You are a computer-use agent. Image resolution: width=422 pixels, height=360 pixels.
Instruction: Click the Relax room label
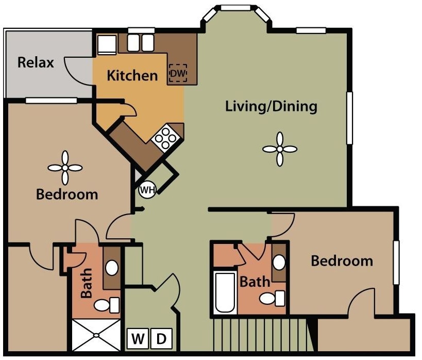pyautogui.click(x=36, y=63)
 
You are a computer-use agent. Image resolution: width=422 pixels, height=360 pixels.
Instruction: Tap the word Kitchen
pyautogui.click(x=132, y=75)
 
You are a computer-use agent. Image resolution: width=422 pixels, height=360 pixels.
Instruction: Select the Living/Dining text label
pyautogui.click(x=271, y=107)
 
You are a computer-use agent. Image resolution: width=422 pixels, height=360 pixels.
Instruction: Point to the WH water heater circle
pyautogui.click(x=147, y=190)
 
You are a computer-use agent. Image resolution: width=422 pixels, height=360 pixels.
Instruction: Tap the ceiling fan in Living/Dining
pyautogui.click(x=280, y=149)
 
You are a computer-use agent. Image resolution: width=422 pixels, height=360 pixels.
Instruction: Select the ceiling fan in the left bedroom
pyautogui.click(x=65, y=168)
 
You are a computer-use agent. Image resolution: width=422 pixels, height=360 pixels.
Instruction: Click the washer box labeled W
pyautogui.click(x=138, y=339)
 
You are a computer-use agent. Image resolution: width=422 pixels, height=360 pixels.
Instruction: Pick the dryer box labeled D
pyautogui.click(x=162, y=339)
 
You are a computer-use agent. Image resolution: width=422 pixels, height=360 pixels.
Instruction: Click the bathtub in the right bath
pyautogui.click(x=225, y=293)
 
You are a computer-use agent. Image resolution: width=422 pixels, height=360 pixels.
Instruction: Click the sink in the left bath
pyautogui.click(x=111, y=267)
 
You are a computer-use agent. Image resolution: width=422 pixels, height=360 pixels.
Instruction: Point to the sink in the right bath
pyautogui.click(x=279, y=263)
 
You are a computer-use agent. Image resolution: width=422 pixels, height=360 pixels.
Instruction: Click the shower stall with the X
pyautogui.click(x=95, y=335)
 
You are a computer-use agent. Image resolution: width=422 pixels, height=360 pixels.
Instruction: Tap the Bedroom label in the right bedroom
pyautogui.click(x=342, y=260)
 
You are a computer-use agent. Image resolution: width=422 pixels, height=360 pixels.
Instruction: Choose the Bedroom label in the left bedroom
pyautogui.click(x=67, y=194)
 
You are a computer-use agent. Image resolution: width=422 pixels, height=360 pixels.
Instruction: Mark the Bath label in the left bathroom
pyautogui.click(x=86, y=283)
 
